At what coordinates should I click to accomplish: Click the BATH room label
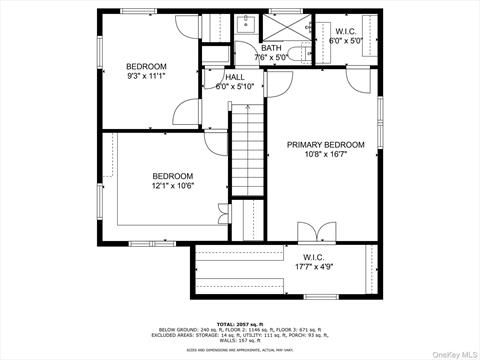(x=271, y=48)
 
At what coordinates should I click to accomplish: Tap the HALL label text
(x=235, y=77)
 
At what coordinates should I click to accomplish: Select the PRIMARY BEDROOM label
(x=326, y=145)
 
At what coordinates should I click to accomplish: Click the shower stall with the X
(x=285, y=25)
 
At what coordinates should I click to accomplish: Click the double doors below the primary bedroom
(x=316, y=233)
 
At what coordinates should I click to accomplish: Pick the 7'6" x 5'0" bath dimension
(x=271, y=58)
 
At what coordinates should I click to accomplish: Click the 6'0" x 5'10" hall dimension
(x=235, y=87)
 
